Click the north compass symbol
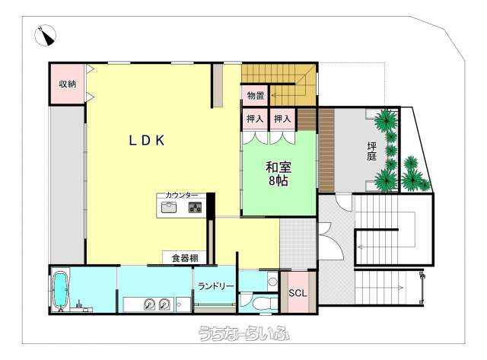coord(46,36)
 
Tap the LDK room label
coord(147,141)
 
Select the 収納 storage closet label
coord(68,84)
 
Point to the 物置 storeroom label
coord(256,96)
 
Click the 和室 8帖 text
coord(279,174)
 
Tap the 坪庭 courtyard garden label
coord(371,151)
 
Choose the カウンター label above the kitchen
coord(182,196)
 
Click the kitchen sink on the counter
coord(169,207)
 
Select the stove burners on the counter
coord(195,207)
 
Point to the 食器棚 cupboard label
coord(185,258)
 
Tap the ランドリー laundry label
coord(216,286)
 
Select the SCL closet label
coord(298,293)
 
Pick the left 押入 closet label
coord(255,119)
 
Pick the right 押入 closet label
coord(282,119)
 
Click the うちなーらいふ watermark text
coord(243,333)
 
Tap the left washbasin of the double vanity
coord(149,304)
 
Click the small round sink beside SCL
coord(272,282)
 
